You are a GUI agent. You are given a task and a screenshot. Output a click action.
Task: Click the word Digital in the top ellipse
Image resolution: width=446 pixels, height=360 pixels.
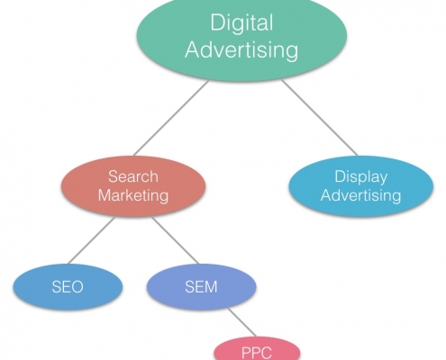pyautogui.click(x=241, y=22)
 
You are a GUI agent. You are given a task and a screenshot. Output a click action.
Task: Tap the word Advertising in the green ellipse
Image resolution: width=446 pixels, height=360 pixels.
pyautogui.click(x=241, y=49)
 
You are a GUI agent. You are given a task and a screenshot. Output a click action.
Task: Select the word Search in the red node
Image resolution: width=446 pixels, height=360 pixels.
pyautogui.click(x=133, y=176)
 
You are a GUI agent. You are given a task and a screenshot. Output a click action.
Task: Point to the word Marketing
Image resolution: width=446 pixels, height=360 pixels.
pyautogui.click(x=133, y=195)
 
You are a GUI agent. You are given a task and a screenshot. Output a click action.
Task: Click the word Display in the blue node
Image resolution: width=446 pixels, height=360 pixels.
pyautogui.click(x=361, y=176)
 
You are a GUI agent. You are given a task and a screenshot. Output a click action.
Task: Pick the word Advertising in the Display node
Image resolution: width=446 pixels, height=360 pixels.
pyautogui.click(x=361, y=195)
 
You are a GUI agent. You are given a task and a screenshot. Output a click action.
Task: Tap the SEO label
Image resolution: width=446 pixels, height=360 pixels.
pyautogui.click(x=68, y=287)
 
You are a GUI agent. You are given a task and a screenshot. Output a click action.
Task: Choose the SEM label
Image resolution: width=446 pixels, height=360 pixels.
pyautogui.click(x=201, y=287)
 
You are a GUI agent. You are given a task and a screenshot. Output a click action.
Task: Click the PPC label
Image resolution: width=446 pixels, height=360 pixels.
pyautogui.click(x=257, y=353)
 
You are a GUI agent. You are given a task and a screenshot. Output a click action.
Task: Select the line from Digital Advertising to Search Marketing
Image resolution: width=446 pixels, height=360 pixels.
pyautogui.click(x=171, y=118)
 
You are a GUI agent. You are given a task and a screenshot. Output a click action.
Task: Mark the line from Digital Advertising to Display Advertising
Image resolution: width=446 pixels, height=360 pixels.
pyautogui.click(x=319, y=118)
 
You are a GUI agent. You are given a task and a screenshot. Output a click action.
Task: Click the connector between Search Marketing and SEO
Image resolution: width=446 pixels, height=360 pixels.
pyautogui.click(x=91, y=240)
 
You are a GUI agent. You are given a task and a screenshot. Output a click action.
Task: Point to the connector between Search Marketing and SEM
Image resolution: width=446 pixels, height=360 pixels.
pyautogui.click(x=175, y=240)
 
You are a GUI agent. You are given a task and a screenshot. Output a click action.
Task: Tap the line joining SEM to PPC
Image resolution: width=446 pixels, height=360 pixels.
pyautogui.click(x=241, y=322)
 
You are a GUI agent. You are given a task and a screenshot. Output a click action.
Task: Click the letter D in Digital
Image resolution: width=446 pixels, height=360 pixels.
pyautogui.click(x=219, y=22)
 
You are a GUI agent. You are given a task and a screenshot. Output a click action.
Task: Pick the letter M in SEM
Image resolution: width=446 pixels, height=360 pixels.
pyautogui.click(x=211, y=287)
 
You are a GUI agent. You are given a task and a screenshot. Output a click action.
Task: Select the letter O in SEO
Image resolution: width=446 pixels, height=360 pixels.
pyautogui.click(x=77, y=287)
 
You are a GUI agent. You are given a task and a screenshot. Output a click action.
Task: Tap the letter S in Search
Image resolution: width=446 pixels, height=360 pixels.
pyautogui.click(x=113, y=176)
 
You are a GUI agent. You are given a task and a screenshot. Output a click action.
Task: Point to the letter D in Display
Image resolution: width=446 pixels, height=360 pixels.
pyautogui.click(x=341, y=176)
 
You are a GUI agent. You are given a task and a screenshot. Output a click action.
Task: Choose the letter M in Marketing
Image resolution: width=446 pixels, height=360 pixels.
pyautogui.click(x=105, y=195)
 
